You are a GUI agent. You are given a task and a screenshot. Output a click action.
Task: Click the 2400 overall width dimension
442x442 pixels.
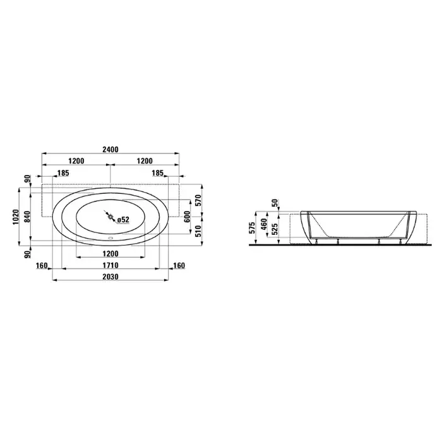110,150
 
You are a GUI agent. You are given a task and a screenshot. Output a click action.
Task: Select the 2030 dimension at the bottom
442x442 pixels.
110,277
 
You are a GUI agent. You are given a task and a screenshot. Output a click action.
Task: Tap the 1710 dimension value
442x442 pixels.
110,265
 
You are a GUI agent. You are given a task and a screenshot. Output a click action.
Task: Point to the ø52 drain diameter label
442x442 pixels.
123,220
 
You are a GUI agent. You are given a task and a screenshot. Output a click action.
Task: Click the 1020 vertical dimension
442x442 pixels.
16,217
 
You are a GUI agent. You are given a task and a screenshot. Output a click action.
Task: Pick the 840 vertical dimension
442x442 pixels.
27,217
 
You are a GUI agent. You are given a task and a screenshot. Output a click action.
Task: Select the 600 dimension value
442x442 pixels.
188,217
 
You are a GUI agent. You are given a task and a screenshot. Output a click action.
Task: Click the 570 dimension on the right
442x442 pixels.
199,200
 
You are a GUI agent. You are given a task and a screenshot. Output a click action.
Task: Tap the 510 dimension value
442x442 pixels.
199,231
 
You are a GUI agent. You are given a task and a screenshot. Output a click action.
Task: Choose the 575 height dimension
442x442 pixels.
253,228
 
